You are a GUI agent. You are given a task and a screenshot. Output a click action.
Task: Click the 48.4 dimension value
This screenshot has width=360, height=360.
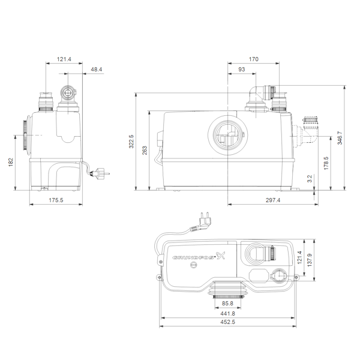click(x=97, y=70)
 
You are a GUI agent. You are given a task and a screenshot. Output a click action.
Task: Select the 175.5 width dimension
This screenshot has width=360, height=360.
click(x=56, y=200)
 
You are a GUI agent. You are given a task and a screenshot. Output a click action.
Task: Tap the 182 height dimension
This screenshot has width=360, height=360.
click(x=11, y=162)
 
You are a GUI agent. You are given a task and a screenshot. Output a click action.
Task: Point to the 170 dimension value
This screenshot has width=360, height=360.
click(x=253, y=59)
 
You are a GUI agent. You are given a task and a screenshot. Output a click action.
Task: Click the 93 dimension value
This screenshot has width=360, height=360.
click(x=242, y=70)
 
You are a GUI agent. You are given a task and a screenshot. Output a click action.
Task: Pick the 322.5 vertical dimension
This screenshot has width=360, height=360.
click(x=131, y=142)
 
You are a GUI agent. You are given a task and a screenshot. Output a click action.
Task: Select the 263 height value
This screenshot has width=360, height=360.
click(x=145, y=151)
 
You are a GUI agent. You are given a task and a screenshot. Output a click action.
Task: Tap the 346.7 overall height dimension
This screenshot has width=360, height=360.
click(x=340, y=138)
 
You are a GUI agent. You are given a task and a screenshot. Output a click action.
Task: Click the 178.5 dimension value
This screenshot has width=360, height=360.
click(x=326, y=163)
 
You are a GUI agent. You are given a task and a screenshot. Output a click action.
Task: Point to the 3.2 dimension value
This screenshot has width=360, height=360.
click(x=310, y=179)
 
